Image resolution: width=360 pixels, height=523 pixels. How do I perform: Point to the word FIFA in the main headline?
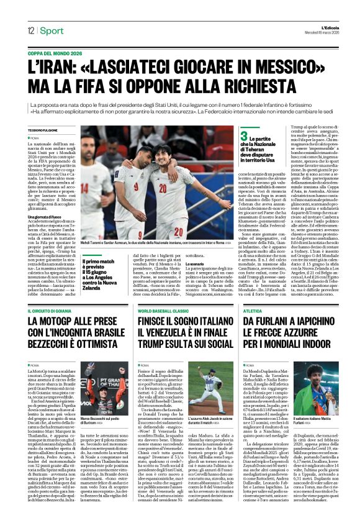click(x=88, y=84)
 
